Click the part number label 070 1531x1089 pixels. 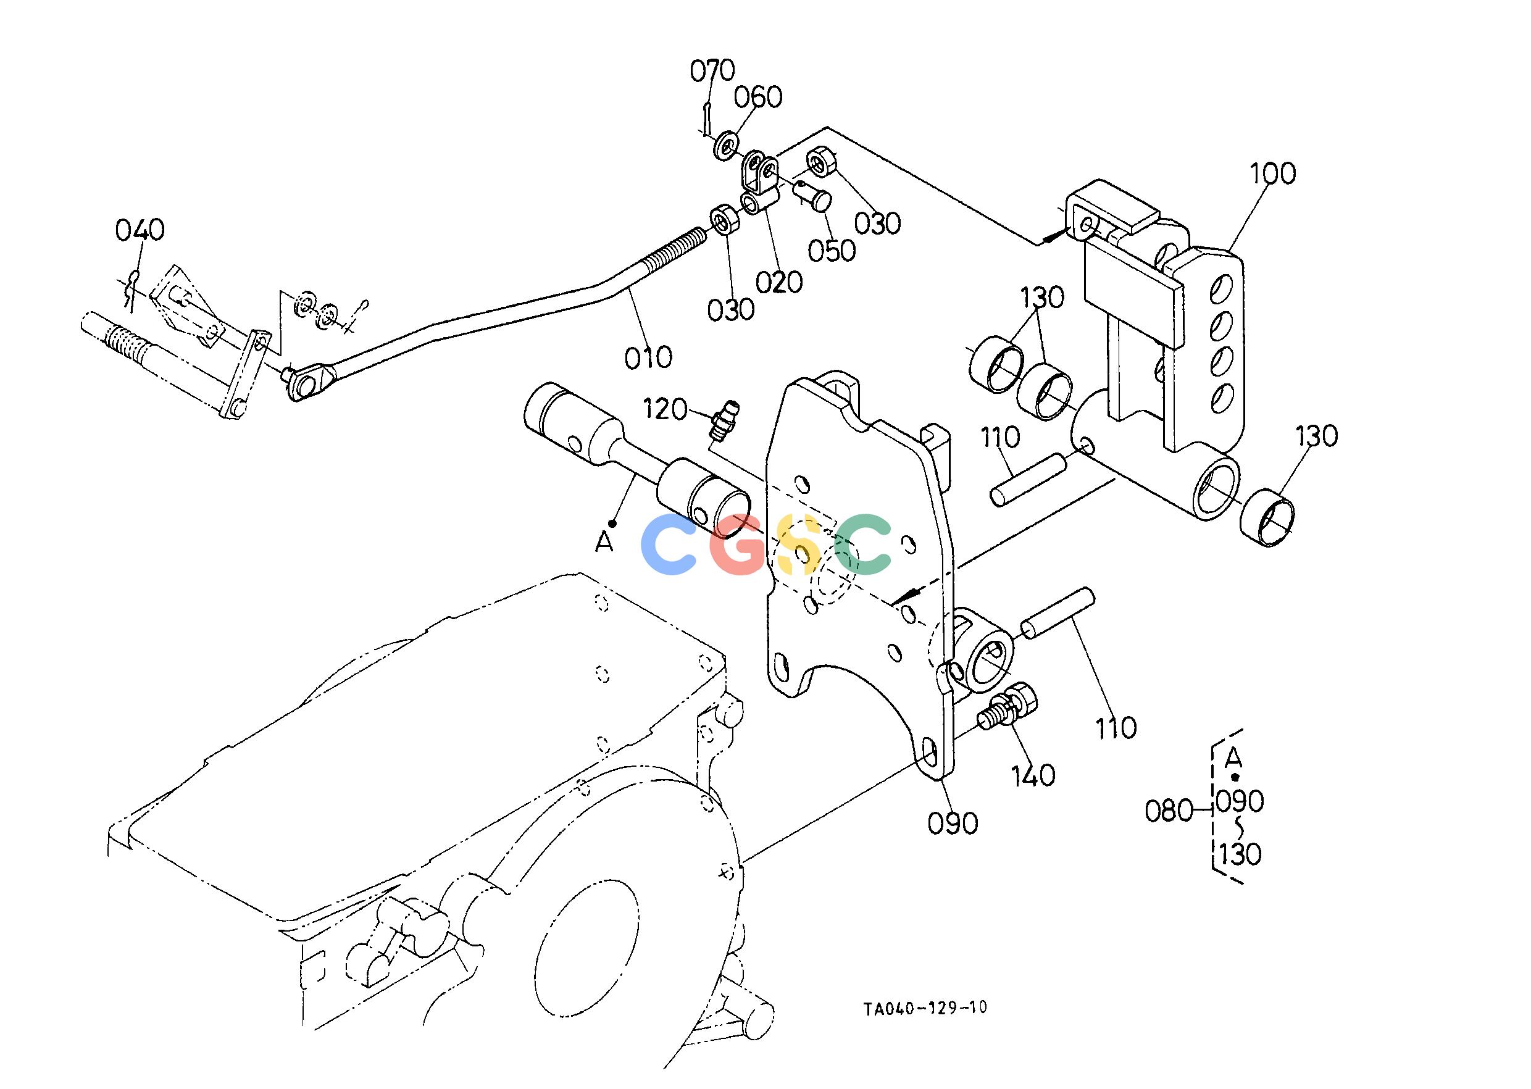tap(713, 70)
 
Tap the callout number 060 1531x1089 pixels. tap(758, 98)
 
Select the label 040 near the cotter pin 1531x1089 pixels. tap(140, 230)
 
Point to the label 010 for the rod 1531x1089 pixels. tap(648, 357)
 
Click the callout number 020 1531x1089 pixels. tap(779, 282)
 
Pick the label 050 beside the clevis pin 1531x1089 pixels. tap(832, 250)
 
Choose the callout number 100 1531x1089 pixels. tap(1273, 173)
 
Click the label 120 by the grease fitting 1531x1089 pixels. tap(665, 409)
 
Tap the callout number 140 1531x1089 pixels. tap(1033, 776)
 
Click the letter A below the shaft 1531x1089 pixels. tap(604, 542)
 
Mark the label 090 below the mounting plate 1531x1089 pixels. tap(953, 823)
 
